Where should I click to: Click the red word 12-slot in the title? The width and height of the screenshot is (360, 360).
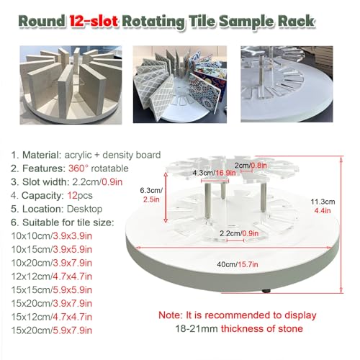point(94,21)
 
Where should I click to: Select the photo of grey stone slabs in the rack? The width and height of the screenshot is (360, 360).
point(71,85)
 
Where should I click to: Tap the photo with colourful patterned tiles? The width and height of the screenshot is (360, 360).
point(180,84)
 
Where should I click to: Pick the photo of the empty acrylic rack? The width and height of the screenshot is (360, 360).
point(287,84)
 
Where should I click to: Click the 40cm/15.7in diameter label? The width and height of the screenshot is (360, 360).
point(238,264)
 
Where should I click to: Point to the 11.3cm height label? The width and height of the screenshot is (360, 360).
point(323,202)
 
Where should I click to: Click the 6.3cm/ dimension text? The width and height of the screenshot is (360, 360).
point(151,190)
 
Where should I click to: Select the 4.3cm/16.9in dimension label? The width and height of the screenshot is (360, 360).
point(215,173)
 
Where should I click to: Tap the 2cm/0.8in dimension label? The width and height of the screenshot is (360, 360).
point(251,166)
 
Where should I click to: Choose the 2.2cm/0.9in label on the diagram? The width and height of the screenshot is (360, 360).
point(239,233)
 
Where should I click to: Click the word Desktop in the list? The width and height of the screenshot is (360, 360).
point(84,209)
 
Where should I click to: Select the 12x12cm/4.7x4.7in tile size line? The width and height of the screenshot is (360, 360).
point(52,276)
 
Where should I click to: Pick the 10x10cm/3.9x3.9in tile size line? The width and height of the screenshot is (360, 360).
point(52,236)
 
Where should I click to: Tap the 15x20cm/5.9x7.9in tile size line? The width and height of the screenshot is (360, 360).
point(52,330)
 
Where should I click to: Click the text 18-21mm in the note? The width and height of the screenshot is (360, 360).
point(197,328)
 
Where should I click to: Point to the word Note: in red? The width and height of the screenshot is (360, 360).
point(171,315)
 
